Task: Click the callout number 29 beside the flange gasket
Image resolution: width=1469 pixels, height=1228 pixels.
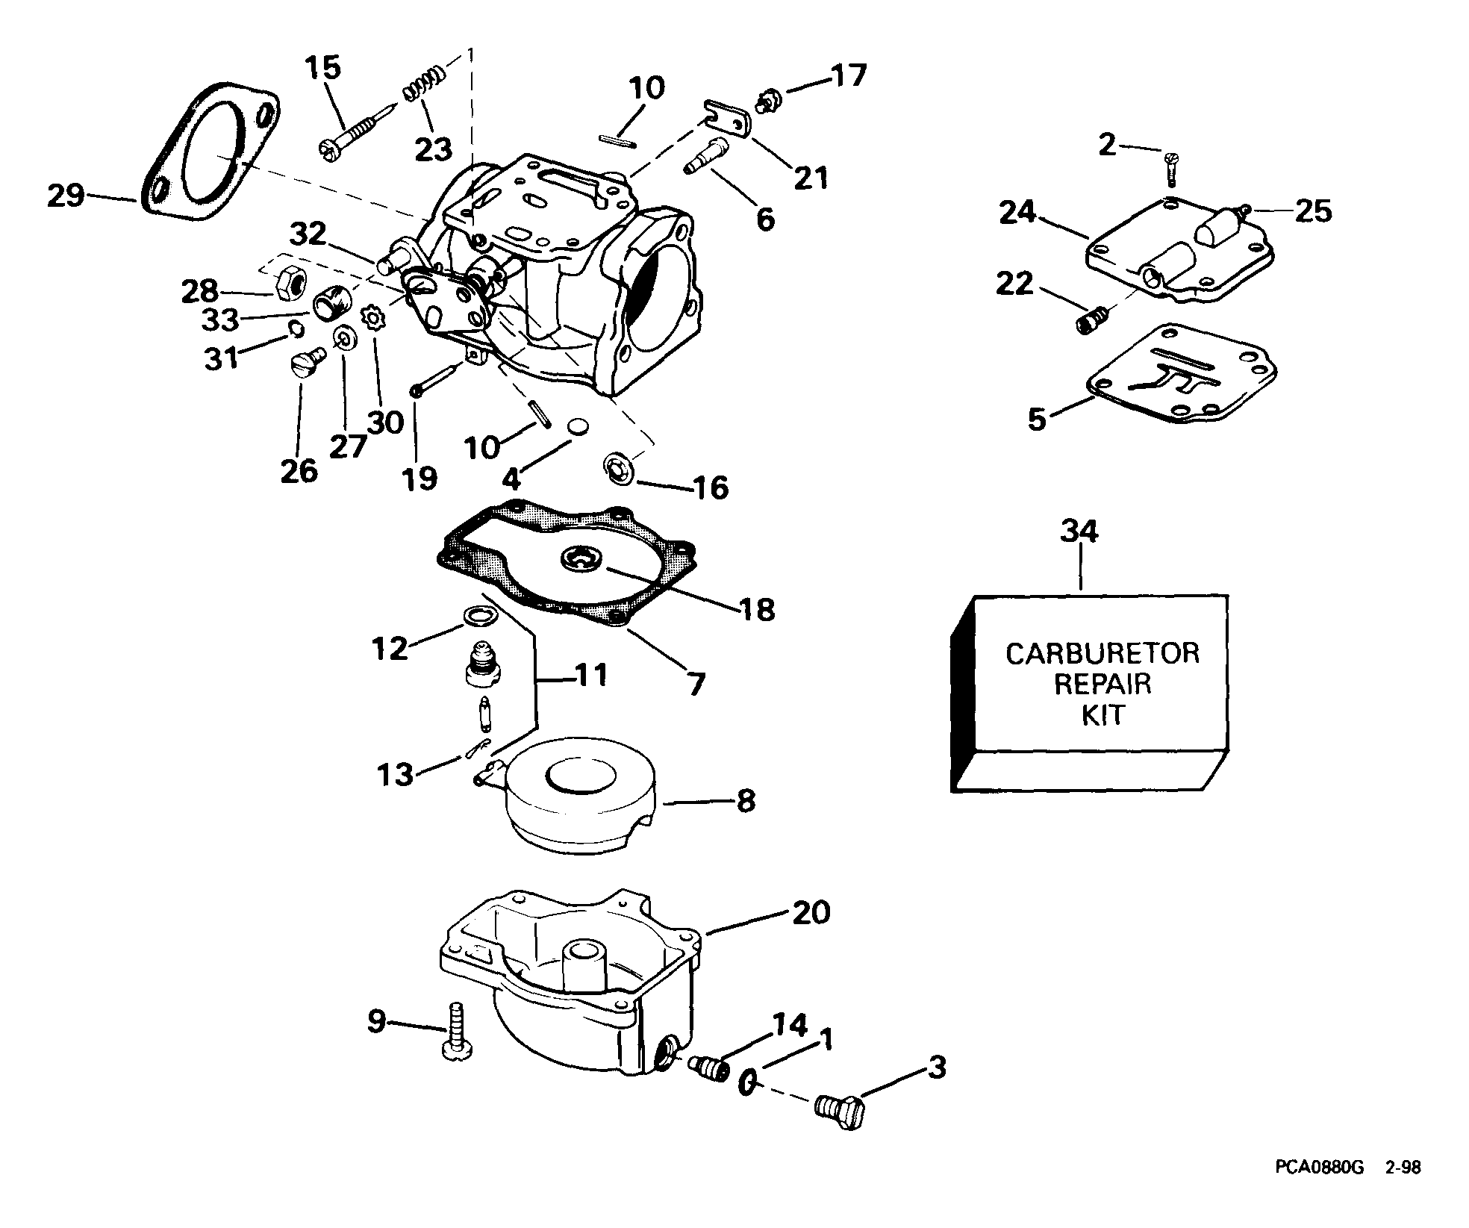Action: click(66, 196)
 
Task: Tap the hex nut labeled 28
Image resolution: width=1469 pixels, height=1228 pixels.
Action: click(287, 282)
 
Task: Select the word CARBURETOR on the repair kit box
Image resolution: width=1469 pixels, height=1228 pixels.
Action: click(1102, 653)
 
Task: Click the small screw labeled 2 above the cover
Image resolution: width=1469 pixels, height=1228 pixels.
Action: click(1170, 168)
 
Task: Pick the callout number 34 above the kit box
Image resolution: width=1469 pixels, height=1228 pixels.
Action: click(1079, 532)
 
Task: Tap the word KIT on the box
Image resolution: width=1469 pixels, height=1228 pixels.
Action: click(1103, 716)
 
